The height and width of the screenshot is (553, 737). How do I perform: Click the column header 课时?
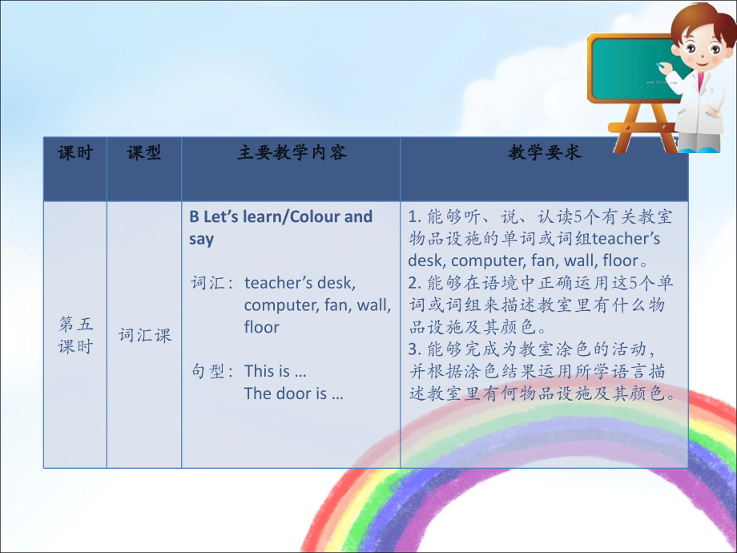(x=75, y=152)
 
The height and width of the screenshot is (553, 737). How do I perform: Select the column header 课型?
(x=144, y=152)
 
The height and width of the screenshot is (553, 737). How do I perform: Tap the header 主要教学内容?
(x=292, y=152)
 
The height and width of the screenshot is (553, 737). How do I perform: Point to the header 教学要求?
(x=545, y=152)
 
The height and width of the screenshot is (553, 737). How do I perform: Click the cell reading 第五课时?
(x=75, y=335)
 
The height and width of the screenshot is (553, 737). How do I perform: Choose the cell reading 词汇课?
(x=145, y=335)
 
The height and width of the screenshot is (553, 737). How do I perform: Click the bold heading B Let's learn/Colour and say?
(x=280, y=228)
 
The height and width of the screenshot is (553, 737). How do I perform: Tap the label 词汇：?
(x=212, y=283)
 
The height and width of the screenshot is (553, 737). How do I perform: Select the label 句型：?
(x=212, y=371)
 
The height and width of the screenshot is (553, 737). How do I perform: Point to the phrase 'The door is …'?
(x=293, y=394)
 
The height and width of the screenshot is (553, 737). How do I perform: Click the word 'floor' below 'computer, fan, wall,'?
(x=262, y=327)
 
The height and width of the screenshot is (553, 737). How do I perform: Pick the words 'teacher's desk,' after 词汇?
(x=300, y=283)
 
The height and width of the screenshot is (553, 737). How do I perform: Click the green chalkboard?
(x=629, y=68)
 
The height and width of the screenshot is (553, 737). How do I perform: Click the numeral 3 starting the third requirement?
(x=413, y=349)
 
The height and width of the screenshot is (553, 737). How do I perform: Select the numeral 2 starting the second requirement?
(x=413, y=283)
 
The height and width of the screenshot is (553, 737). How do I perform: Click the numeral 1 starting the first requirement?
(x=413, y=217)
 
